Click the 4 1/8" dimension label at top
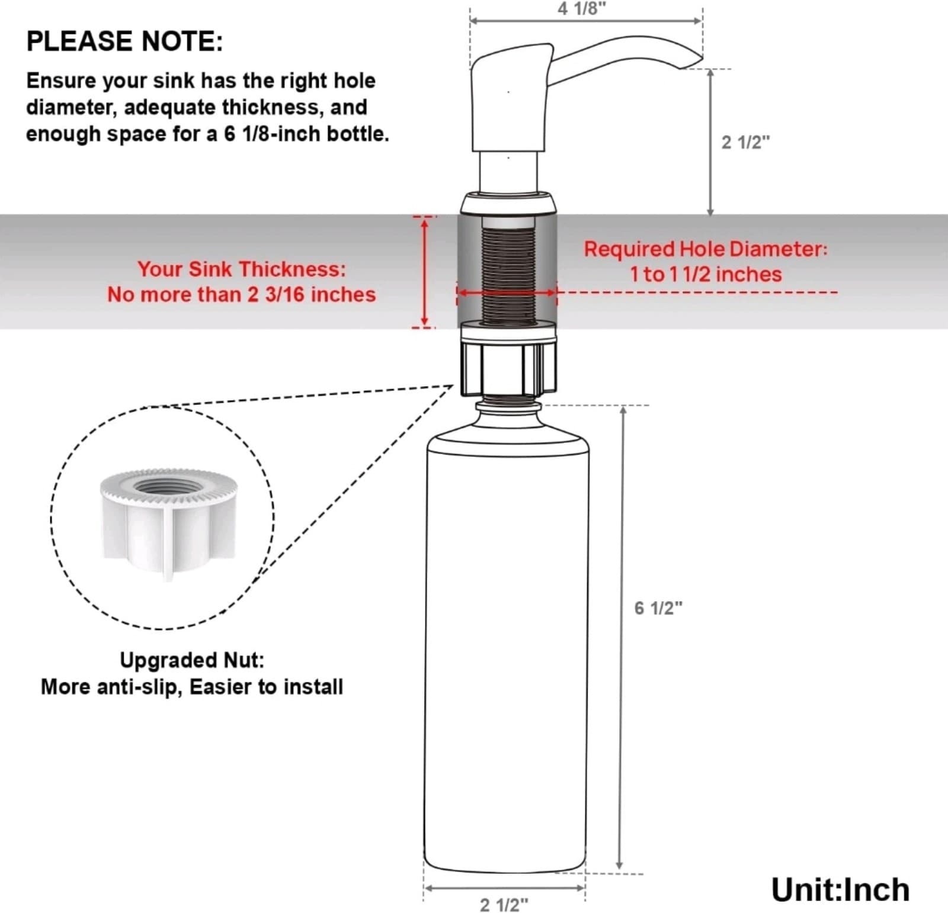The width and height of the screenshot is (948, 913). tap(582, 9)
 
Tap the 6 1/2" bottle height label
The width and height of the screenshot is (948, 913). tap(658, 608)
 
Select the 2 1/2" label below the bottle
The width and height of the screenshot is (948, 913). tap(504, 904)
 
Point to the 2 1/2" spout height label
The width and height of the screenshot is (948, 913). tap(745, 142)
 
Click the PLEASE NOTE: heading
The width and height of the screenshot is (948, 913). tap(124, 41)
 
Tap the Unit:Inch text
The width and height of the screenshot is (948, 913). tap(840, 890)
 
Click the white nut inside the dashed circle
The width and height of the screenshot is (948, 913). tap(168, 521)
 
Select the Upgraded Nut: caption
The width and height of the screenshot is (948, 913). tap(192, 660)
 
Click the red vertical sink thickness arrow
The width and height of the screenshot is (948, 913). tap(424, 271)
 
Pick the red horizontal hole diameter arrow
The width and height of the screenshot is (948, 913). tap(507, 292)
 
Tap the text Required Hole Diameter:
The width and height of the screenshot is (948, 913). tap(705, 249)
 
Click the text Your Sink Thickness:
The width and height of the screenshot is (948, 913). tap(241, 269)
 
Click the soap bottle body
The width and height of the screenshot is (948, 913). tap(507, 651)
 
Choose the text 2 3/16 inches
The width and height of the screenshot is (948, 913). tap(312, 295)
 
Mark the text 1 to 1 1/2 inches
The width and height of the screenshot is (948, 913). tap(705, 274)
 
